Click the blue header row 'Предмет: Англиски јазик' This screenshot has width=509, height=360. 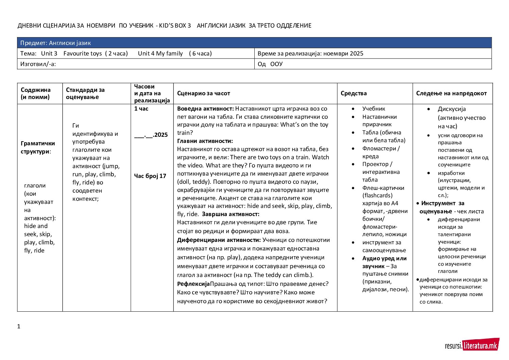click(254, 43)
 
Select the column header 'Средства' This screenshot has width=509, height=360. click(354, 93)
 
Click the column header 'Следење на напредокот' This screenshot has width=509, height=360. click(451, 93)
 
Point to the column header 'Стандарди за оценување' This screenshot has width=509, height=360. click(85, 93)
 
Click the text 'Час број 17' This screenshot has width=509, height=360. click(150, 176)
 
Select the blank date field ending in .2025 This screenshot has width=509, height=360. click(151, 135)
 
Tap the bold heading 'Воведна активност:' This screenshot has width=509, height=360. click(205, 109)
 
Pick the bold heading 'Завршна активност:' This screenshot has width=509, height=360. click(231, 214)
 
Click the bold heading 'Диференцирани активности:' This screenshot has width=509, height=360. click(219, 240)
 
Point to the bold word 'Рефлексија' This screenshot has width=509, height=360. click(193, 284)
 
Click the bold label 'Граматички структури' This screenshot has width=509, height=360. click(38, 147)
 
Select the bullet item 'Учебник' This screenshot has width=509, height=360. click(373, 109)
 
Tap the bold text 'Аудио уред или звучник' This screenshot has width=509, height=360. click(384, 262)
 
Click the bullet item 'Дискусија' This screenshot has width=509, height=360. click(452, 109)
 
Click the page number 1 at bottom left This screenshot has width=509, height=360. click(19, 326)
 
